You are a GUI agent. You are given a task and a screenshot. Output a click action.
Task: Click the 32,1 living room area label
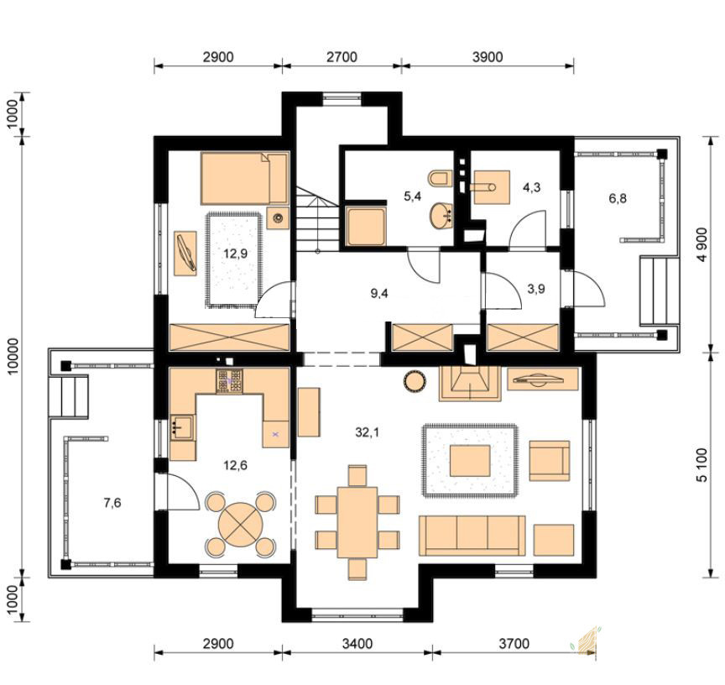coord(368,432)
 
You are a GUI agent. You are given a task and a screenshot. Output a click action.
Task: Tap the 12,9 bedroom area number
coord(235,254)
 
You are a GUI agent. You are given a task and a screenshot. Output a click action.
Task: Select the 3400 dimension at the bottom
coord(357,643)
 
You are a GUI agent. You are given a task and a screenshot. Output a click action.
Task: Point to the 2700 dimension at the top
coord(342,57)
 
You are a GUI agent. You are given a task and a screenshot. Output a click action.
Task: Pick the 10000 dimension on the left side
coord(13,356)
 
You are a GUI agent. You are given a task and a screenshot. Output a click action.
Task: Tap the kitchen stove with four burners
coord(229,381)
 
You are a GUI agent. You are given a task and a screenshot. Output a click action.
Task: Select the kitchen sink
coord(183,427)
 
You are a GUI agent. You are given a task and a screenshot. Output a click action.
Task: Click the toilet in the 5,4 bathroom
coord(438,179)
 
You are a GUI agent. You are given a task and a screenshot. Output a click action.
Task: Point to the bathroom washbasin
coord(441,215)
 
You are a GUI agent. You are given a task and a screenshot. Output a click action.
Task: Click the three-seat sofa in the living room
coord(472,535)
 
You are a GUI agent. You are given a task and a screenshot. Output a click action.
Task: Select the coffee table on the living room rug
coord(470,461)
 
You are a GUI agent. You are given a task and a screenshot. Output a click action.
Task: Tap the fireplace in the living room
coord(470,384)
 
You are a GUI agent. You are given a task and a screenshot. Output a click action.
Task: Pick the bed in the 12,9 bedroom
coord(244,179)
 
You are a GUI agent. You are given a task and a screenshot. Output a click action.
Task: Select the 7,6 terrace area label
coord(112,502)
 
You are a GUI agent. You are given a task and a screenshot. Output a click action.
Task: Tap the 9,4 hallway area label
coord(379,293)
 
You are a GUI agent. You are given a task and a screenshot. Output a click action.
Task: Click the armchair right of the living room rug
coord(550,461)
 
